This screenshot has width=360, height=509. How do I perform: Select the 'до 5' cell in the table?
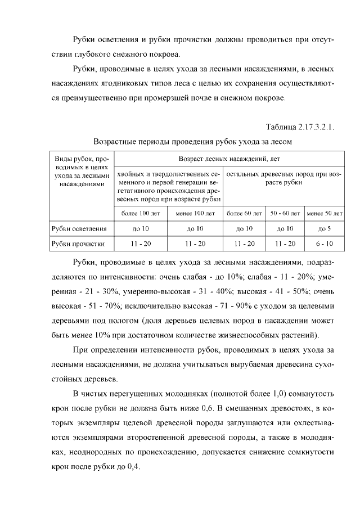(325, 229)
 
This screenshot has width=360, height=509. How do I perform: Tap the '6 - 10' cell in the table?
(325, 244)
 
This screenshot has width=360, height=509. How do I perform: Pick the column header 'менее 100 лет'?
(195, 214)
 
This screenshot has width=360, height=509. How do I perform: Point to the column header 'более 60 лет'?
(244, 214)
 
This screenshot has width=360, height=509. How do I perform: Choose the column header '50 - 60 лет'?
(284, 214)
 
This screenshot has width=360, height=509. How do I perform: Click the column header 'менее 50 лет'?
(325, 214)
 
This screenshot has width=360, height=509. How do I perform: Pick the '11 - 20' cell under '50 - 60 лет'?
(284, 244)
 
